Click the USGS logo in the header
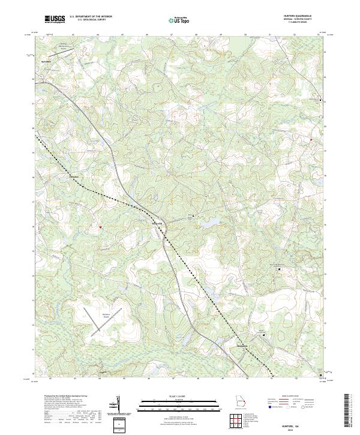click(55, 19)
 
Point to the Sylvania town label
click(45, 61)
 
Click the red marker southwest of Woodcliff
click(100, 227)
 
